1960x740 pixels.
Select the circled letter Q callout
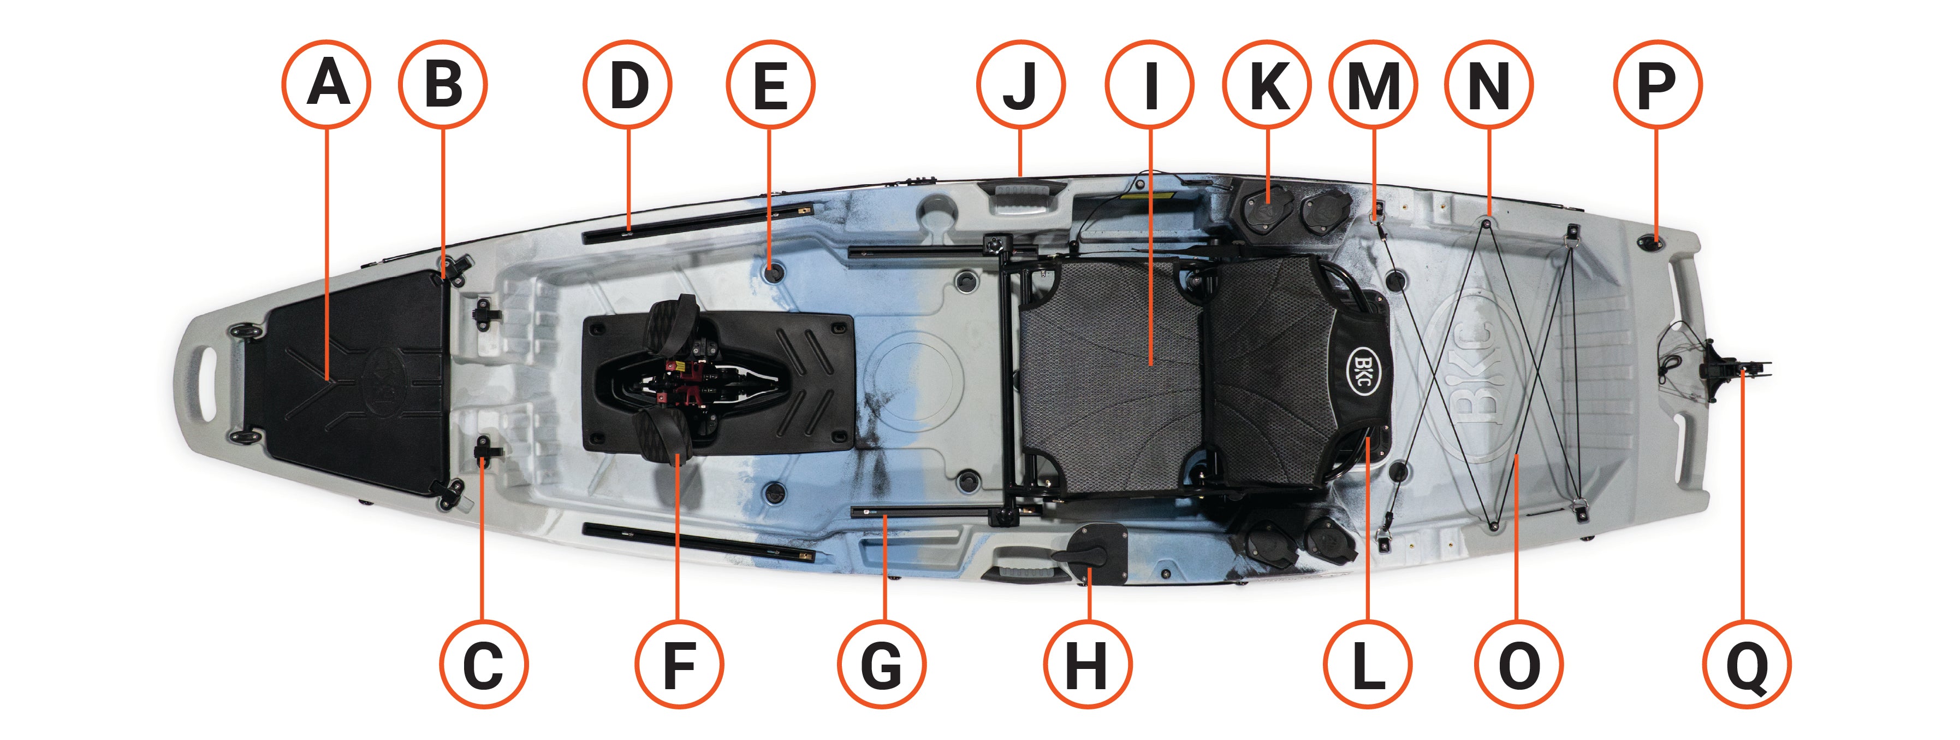1747,665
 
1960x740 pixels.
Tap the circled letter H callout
1088,665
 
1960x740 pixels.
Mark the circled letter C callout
484,665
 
